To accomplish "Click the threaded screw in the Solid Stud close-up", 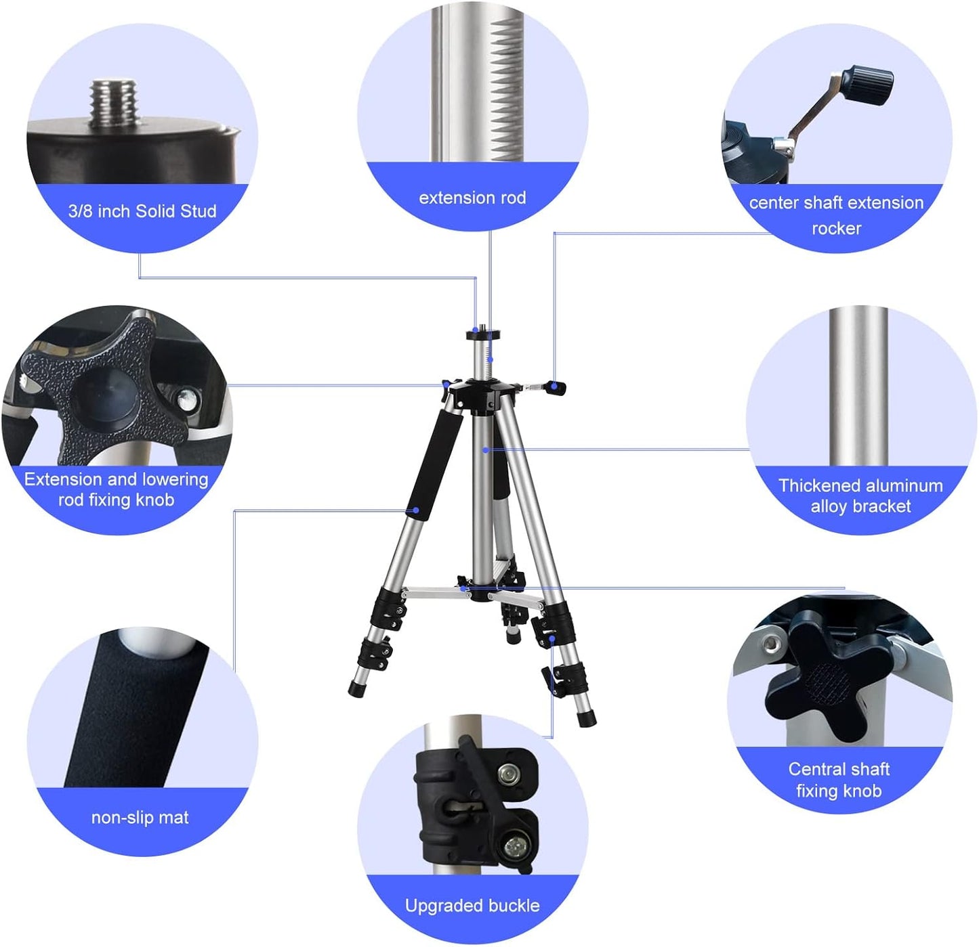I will pos(114,103).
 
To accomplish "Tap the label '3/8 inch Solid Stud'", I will pos(142,211).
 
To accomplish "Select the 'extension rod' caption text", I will pos(472,198).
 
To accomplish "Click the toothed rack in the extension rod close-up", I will pos(507,88).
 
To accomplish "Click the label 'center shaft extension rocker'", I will pos(836,215).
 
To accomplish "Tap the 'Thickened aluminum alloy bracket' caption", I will pos(860,495).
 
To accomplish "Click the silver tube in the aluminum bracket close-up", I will pos(858,386).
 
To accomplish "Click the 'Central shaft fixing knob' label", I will pos(839,780).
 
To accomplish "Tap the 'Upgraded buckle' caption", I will pos(472,906).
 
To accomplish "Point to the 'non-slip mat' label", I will pos(140,818).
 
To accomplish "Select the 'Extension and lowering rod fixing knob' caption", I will pos(116,489).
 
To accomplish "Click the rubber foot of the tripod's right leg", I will pos(587,718).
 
